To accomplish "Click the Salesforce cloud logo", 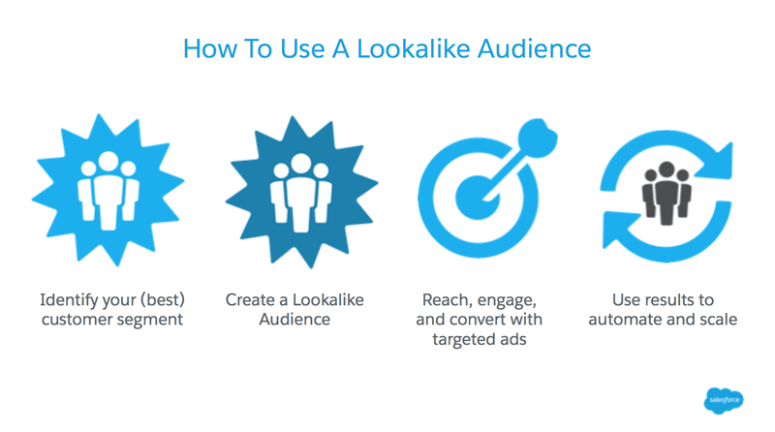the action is tap(726, 398).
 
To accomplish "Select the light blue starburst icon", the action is tap(108, 190).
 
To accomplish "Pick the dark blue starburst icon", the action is tap(300, 190).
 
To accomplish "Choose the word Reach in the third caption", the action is tap(448, 300).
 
